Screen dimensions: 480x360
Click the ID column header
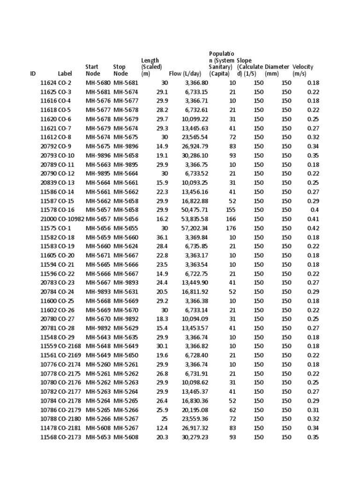click(33, 74)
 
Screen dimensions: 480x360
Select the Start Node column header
click(92, 70)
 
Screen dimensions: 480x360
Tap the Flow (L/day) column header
click(185, 74)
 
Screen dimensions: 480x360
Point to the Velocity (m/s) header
click(303, 70)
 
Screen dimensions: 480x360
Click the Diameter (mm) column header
click(277, 70)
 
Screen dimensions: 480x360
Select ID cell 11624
click(48, 83)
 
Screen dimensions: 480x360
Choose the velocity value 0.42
click(313, 228)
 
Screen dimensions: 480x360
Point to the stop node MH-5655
click(126, 228)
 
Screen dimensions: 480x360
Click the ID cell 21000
click(48, 219)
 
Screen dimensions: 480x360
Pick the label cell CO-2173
click(70, 437)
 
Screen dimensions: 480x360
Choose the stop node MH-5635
click(126, 337)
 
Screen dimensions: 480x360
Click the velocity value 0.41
click(313, 219)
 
